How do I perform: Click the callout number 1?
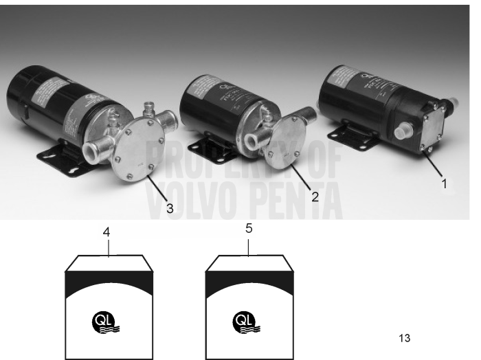click(x=444, y=183)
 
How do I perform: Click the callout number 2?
click(x=315, y=196)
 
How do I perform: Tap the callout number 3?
click(x=169, y=208)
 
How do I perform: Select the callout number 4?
click(x=106, y=232)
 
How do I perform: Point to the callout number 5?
click(x=249, y=229)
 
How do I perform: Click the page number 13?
click(x=404, y=338)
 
